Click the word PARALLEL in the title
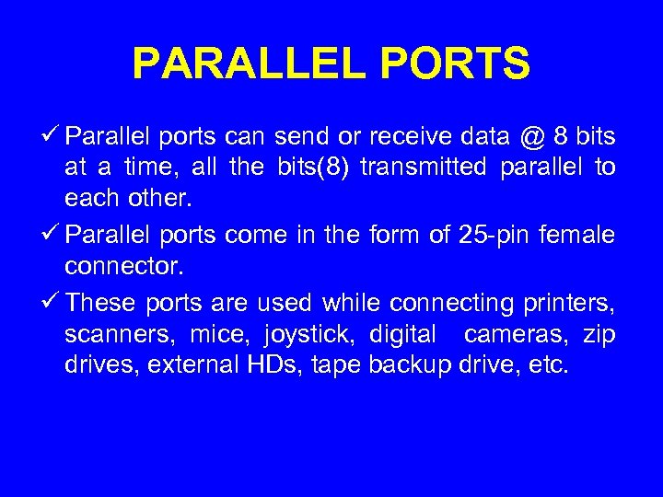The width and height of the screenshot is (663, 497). (243, 64)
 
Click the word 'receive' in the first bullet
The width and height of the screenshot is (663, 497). (408, 139)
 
